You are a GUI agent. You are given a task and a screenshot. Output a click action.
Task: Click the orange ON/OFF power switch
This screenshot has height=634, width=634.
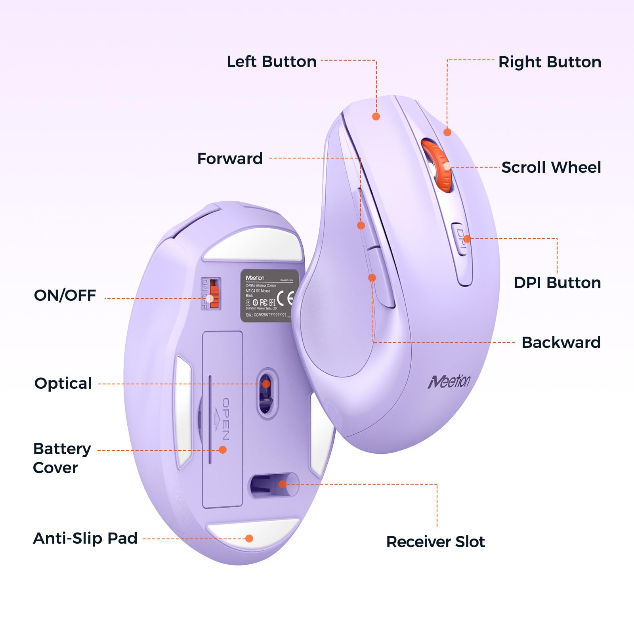pyautogui.click(x=214, y=294)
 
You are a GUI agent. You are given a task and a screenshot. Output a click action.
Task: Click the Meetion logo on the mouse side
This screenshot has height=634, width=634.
pyautogui.click(x=449, y=381)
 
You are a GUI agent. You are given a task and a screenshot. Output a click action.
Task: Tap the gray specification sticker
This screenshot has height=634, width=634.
pyautogui.click(x=269, y=296)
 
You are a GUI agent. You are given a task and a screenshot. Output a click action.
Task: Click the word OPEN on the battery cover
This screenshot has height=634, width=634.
pyautogui.click(x=225, y=419)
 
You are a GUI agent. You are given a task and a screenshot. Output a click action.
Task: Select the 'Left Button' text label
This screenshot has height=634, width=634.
pyautogui.click(x=271, y=62)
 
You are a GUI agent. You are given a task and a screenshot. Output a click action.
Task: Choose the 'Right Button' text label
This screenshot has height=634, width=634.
pyautogui.click(x=550, y=62)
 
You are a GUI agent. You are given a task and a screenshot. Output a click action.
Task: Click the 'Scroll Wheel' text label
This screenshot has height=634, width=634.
pyautogui.click(x=551, y=167)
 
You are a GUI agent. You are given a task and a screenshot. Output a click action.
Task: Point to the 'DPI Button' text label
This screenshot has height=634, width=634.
pyautogui.click(x=557, y=283)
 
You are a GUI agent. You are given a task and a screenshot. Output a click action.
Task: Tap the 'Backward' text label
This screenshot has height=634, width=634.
pyautogui.click(x=561, y=342)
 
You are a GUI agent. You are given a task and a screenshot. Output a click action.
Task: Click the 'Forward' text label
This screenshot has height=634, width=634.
pyautogui.click(x=230, y=158)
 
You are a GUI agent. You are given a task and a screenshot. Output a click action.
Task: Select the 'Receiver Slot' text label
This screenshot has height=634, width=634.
pyautogui.click(x=435, y=542)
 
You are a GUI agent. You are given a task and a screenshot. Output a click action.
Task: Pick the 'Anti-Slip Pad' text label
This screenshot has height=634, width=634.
pyautogui.click(x=85, y=538)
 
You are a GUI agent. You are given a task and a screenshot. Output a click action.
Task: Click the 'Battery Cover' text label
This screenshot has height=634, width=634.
pyautogui.click(x=62, y=458)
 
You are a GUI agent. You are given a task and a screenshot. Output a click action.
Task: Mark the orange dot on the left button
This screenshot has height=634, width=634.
pyautogui.click(x=376, y=116)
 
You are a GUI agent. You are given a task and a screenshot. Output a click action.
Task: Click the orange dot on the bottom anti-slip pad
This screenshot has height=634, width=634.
pyautogui.click(x=249, y=538)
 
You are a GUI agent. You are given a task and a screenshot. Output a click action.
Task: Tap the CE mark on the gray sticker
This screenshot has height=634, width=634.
pyautogui.click(x=286, y=298)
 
